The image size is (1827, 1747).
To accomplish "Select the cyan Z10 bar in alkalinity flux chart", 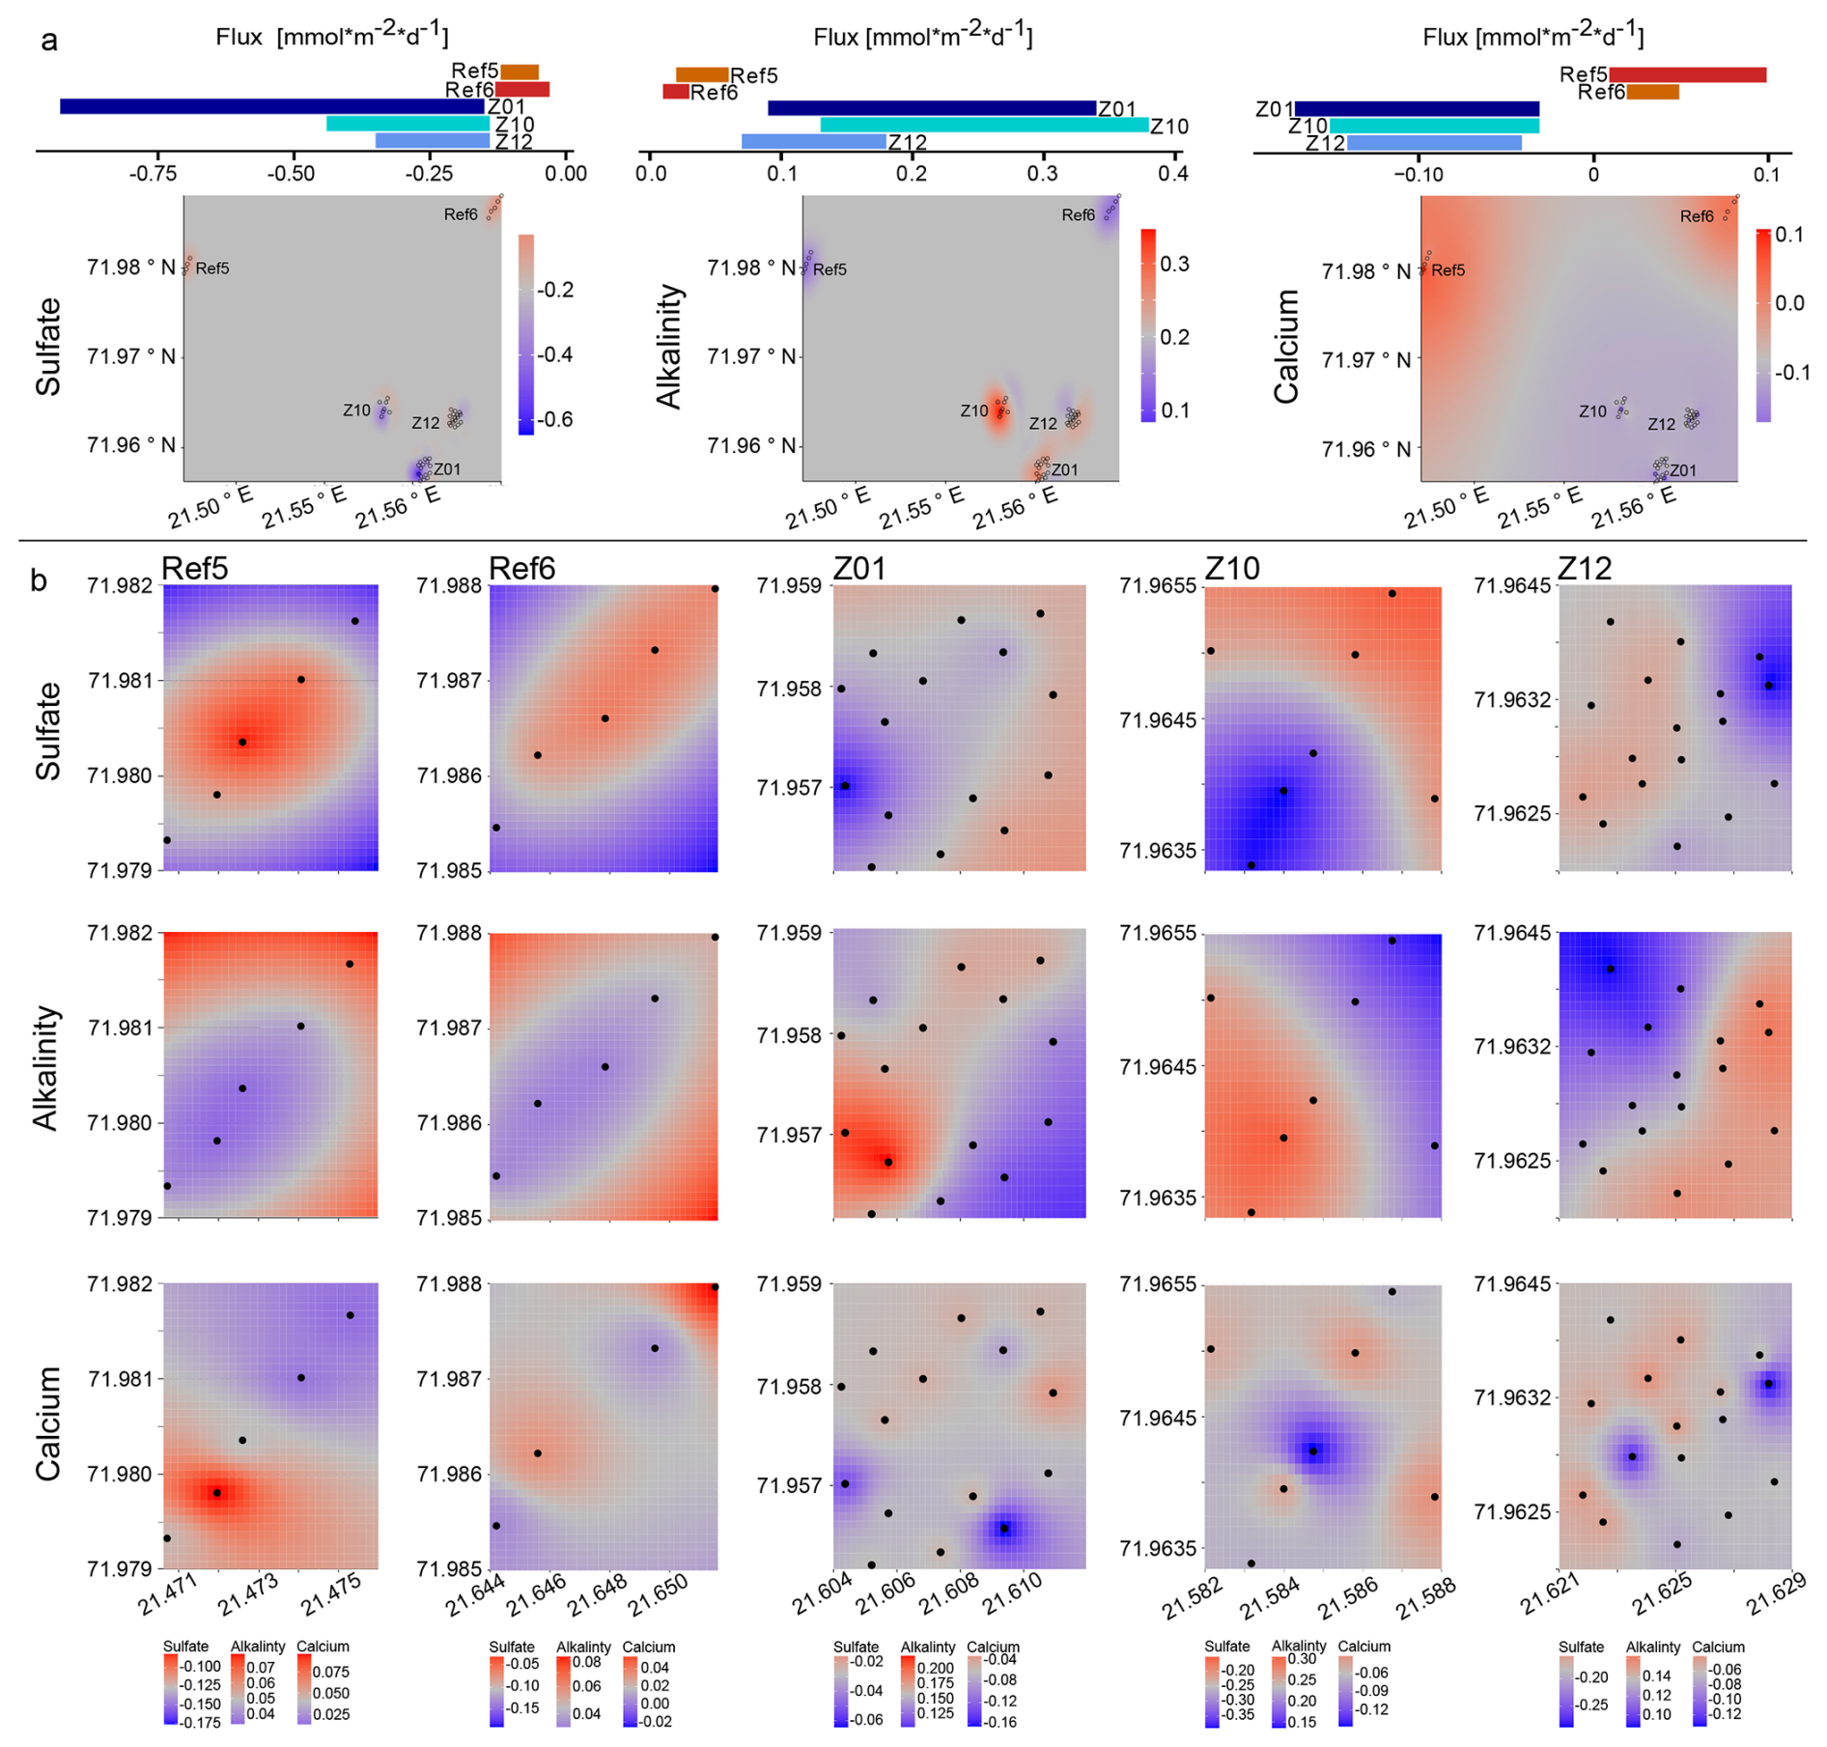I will [x=984, y=126].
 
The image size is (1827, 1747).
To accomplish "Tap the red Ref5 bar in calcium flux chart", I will [x=1687, y=74].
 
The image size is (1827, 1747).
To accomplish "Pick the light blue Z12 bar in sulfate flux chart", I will [x=432, y=141].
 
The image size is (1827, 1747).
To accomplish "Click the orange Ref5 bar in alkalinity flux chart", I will [x=702, y=74].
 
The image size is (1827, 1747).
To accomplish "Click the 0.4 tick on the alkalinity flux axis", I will [x=1173, y=174].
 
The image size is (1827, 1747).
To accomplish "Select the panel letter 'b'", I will [x=40, y=580].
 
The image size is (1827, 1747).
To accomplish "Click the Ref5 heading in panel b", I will [x=195, y=569].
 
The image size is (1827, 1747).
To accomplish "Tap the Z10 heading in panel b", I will [x=1233, y=569].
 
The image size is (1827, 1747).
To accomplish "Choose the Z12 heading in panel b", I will [x=1586, y=569].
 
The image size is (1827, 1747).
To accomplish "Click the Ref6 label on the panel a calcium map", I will [x=1696, y=216].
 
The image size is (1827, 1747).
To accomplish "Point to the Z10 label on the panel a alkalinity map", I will [x=974, y=411].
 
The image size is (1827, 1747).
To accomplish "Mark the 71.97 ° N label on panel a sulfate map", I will [x=132, y=357].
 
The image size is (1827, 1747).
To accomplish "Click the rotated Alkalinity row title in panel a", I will [x=669, y=348].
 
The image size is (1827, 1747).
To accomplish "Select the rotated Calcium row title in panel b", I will [x=48, y=1423].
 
